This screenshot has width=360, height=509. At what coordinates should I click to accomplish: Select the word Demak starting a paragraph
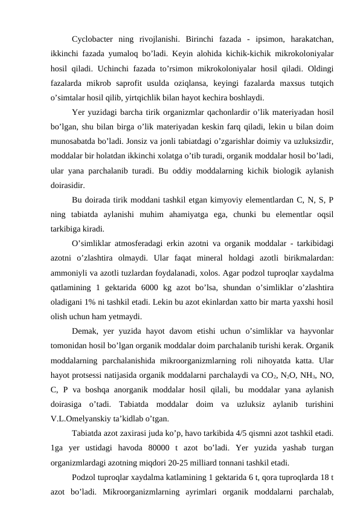click(86, 329)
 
